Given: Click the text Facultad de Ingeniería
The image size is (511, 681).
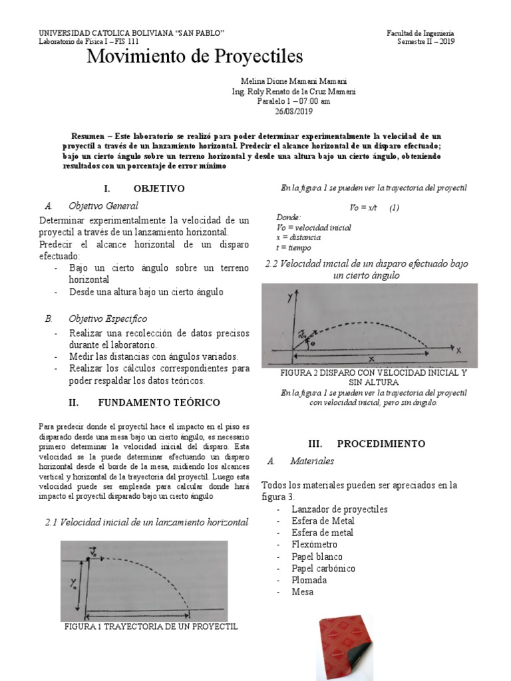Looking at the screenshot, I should click(x=421, y=33).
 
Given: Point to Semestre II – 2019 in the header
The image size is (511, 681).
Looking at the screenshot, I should click(x=426, y=41).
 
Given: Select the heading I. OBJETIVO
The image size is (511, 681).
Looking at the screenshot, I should click(x=144, y=188).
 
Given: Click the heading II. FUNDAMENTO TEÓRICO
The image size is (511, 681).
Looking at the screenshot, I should click(x=144, y=402).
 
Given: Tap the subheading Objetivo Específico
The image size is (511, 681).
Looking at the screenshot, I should click(x=108, y=319).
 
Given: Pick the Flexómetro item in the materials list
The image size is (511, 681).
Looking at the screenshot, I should click(x=314, y=545).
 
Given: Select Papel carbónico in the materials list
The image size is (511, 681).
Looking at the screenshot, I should click(x=323, y=569).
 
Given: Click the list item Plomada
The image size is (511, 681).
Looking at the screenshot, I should click(x=309, y=580).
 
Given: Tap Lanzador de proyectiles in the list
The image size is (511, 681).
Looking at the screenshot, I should click(x=339, y=509).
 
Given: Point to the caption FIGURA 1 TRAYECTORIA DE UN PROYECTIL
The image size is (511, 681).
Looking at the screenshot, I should click(x=150, y=626).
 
